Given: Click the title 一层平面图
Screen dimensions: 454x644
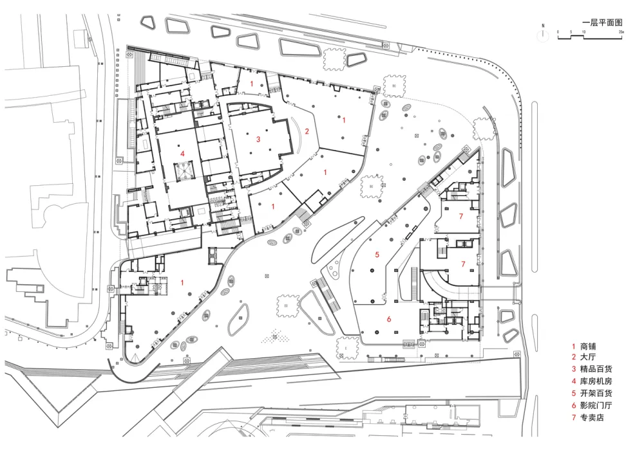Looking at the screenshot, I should (601, 22).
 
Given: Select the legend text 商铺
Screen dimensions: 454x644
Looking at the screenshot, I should (589, 346).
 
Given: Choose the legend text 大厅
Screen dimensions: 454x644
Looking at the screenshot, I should (589, 358).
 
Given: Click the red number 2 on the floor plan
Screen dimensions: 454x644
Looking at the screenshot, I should (307, 132).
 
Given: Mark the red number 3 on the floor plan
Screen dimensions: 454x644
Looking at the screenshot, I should (258, 139).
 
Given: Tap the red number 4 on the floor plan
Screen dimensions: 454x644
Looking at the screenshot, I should (183, 153).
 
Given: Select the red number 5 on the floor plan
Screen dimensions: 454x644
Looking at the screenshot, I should (377, 255).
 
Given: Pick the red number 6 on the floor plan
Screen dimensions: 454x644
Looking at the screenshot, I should (389, 318).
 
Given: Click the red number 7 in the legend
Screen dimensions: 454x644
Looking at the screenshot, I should (573, 418).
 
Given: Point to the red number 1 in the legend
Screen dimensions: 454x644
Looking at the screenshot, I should (573, 346).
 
